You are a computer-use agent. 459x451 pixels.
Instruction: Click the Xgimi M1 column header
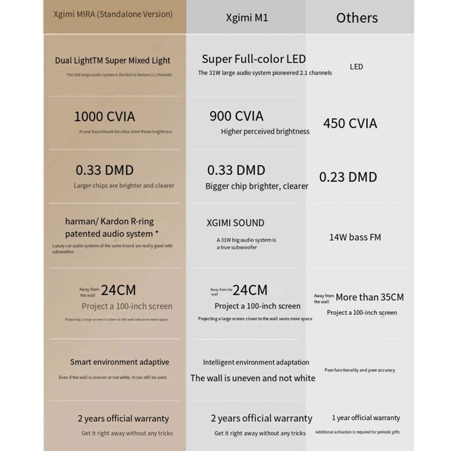(247, 17)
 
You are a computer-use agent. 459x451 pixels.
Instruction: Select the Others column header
(357, 17)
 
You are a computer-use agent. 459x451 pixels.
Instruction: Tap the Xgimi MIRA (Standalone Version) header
(113, 14)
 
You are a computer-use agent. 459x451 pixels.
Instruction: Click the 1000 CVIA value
(104, 117)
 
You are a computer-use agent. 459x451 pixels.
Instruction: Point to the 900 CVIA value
(236, 116)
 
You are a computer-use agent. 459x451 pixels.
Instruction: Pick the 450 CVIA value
(350, 123)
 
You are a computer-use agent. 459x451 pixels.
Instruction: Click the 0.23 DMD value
(348, 177)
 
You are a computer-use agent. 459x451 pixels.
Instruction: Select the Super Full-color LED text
(254, 59)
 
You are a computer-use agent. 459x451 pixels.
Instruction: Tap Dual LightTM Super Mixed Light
(113, 61)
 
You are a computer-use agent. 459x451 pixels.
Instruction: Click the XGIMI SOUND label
(236, 223)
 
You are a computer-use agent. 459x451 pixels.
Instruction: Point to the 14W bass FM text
(355, 237)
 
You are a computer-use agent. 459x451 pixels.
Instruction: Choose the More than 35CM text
(370, 297)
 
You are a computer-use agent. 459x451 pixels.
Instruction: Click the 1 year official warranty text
(366, 417)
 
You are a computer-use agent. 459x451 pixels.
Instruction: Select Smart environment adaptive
(119, 362)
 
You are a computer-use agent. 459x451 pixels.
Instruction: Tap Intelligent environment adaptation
(256, 362)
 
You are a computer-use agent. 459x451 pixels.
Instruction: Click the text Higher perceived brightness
(265, 131)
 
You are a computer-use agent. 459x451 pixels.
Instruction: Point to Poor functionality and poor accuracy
(360, 370)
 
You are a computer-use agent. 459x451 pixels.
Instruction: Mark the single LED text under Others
(356, 66)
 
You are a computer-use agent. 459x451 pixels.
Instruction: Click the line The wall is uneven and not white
(252, 378)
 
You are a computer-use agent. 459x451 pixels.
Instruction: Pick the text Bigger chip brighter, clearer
(257, 186)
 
